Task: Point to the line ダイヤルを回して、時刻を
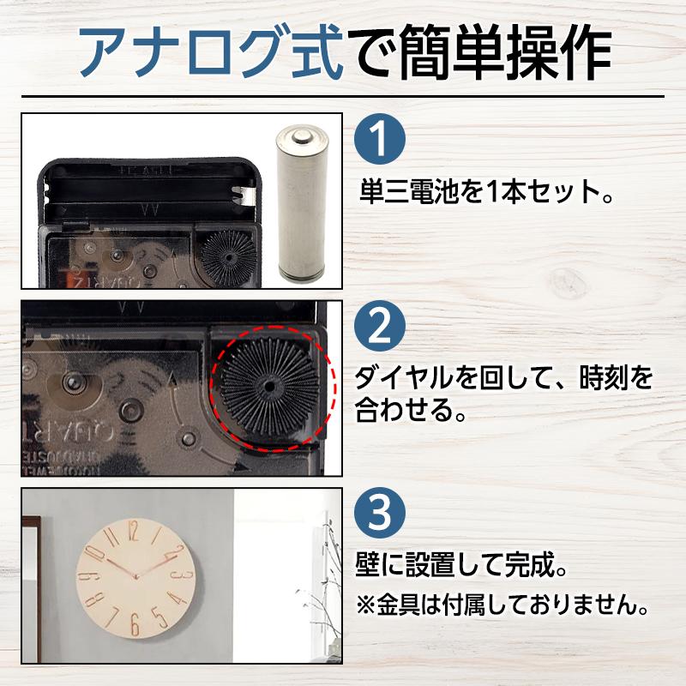503,377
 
